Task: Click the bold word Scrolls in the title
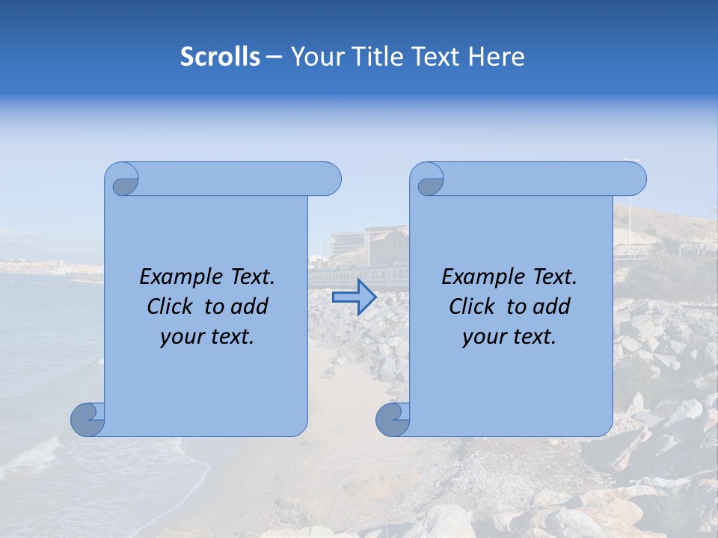pyautogui.click(x=220, y=57)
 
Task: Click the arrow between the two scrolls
pyautogui.click(x=354, y=297)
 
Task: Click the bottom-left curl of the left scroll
pyautogui.click(x=88, y=419)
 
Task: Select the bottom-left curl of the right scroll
pyautogui.click(x=393, y=419)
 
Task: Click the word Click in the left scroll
pyautogui.click(x=171, y=306)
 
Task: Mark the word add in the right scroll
pyautogui.click(x=553, y=306)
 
